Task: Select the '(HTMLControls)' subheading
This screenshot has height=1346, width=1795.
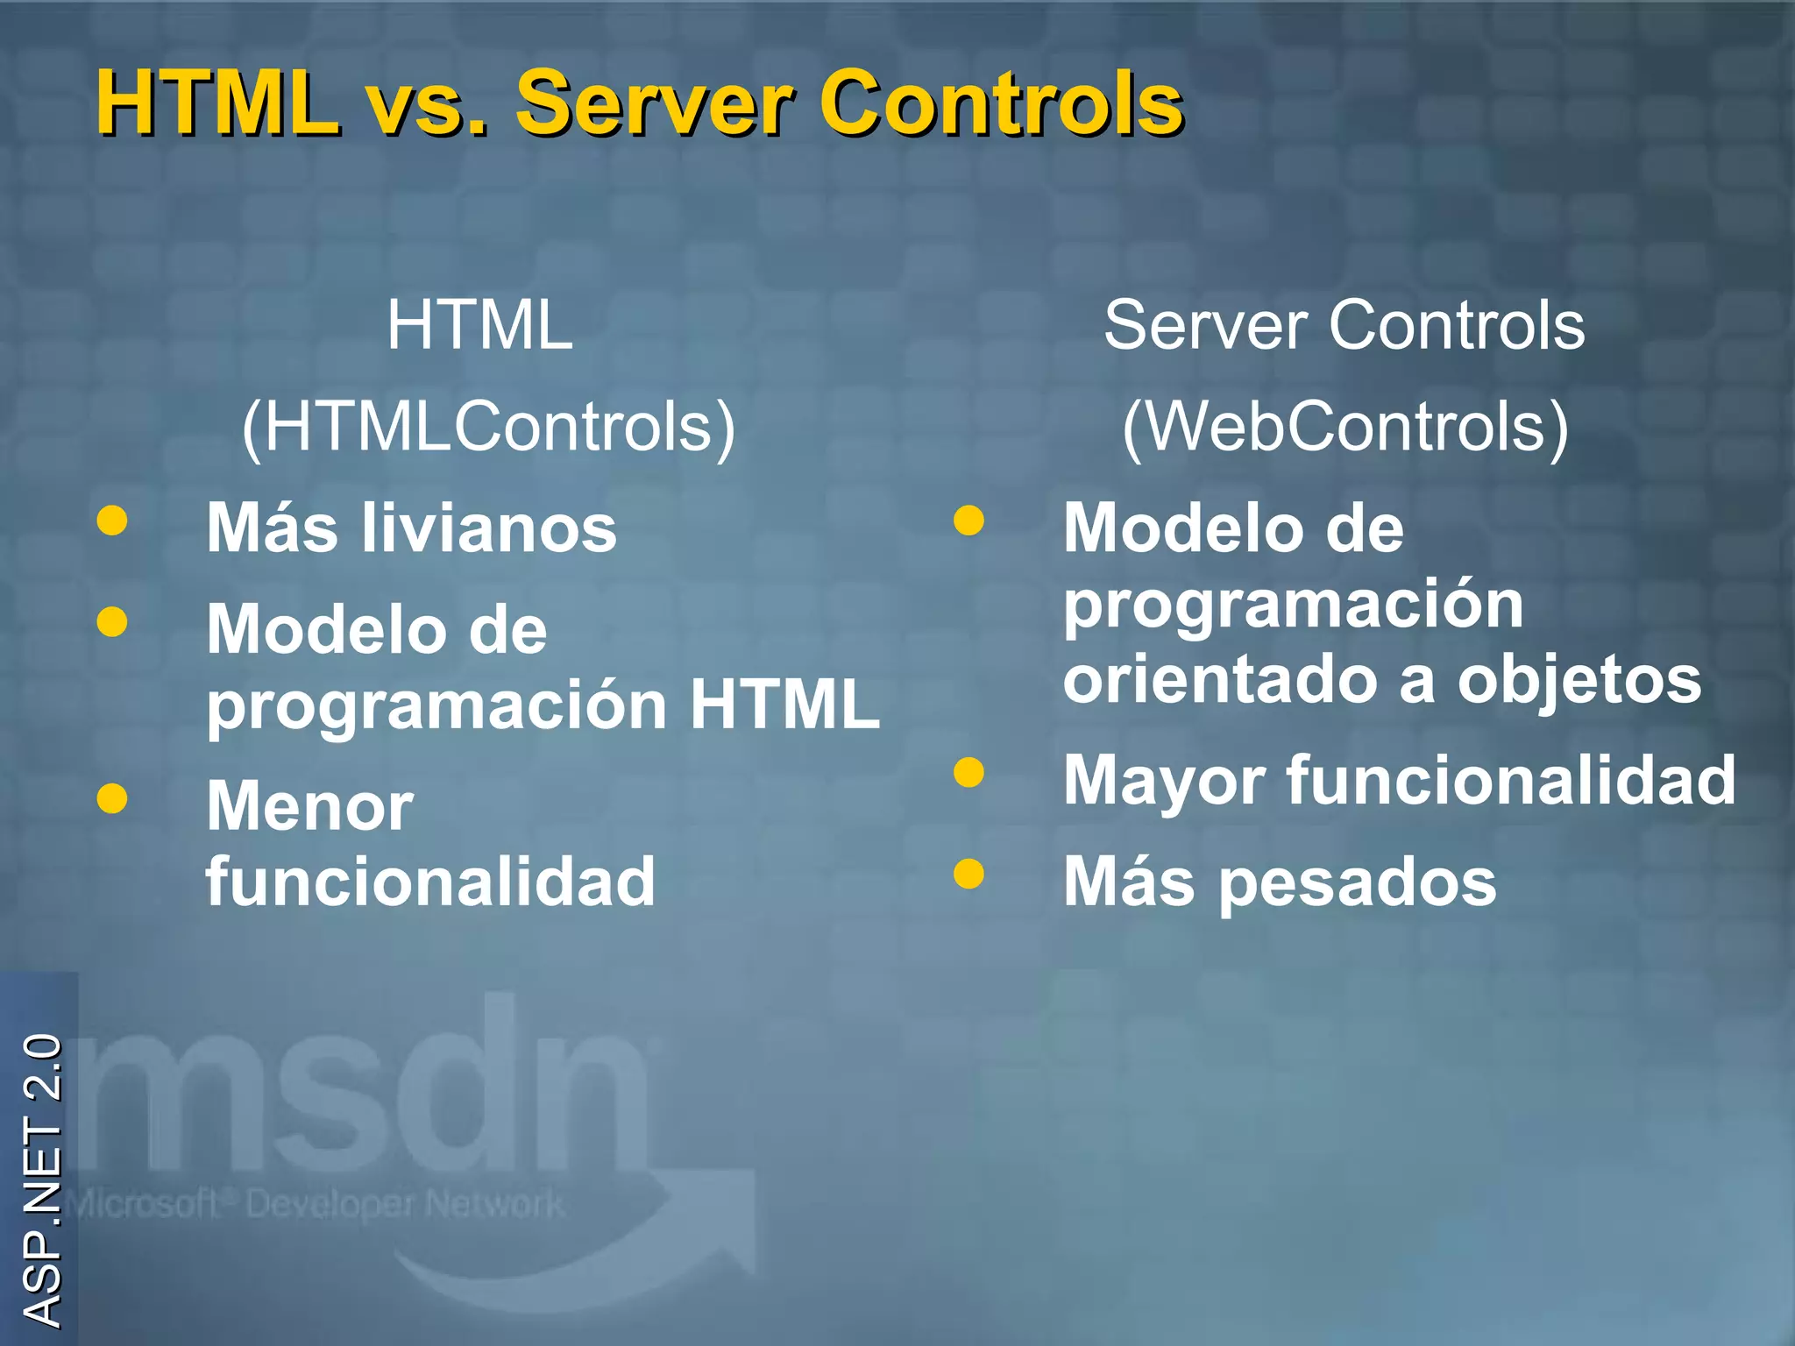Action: click(x=488, y=427)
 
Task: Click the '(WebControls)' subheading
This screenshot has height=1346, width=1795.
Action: click(x=1345, y=427)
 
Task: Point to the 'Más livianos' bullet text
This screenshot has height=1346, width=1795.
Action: click(x=412, y=528)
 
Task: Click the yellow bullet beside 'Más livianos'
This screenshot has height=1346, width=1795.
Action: click(x=112, y=521)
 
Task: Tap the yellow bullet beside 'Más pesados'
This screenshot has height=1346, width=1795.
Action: click(x=968, y=874)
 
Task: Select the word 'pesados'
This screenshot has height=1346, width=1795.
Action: click(x=1358, y=883)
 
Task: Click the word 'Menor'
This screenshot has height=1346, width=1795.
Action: click(x=309, y=806)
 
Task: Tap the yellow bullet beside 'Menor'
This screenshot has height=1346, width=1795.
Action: click(x=112, y=798)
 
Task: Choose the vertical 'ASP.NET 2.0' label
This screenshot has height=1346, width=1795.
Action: click(x=41, y=1180)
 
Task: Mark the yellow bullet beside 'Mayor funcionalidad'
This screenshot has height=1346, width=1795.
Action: click(x=968, y=772)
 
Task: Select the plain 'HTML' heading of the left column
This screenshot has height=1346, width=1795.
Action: click(x=480, y=325)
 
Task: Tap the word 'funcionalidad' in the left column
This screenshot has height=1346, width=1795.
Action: click(x=430, y=882)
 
